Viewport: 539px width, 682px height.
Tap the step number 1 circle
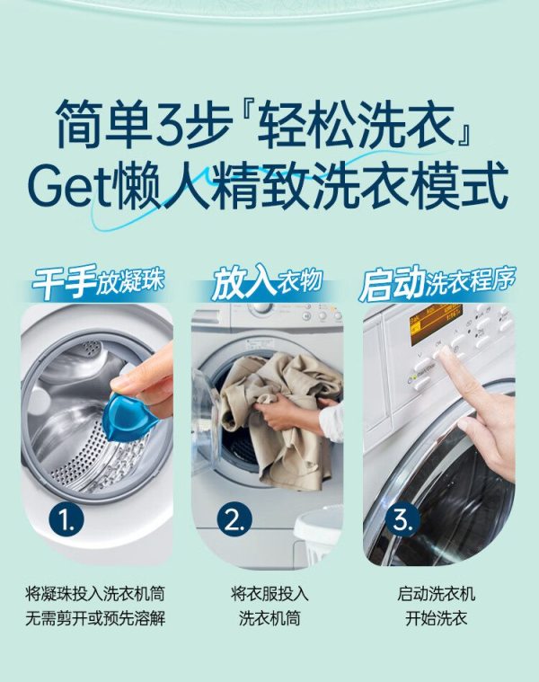[x=66, y=520]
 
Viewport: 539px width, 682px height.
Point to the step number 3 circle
[x=402, y=520]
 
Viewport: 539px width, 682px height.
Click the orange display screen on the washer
[x=435, y=323]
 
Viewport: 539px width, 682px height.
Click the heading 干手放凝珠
[x=99, y=282]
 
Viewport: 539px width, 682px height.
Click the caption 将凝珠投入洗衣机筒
[x=95, y=594]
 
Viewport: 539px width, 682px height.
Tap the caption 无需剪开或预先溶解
[x=95, y=618]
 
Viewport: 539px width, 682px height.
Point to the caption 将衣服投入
[x=269, y=594]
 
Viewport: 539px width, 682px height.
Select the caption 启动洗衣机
[x=436, y=594]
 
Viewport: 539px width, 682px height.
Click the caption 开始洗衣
[x=436, y=618]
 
